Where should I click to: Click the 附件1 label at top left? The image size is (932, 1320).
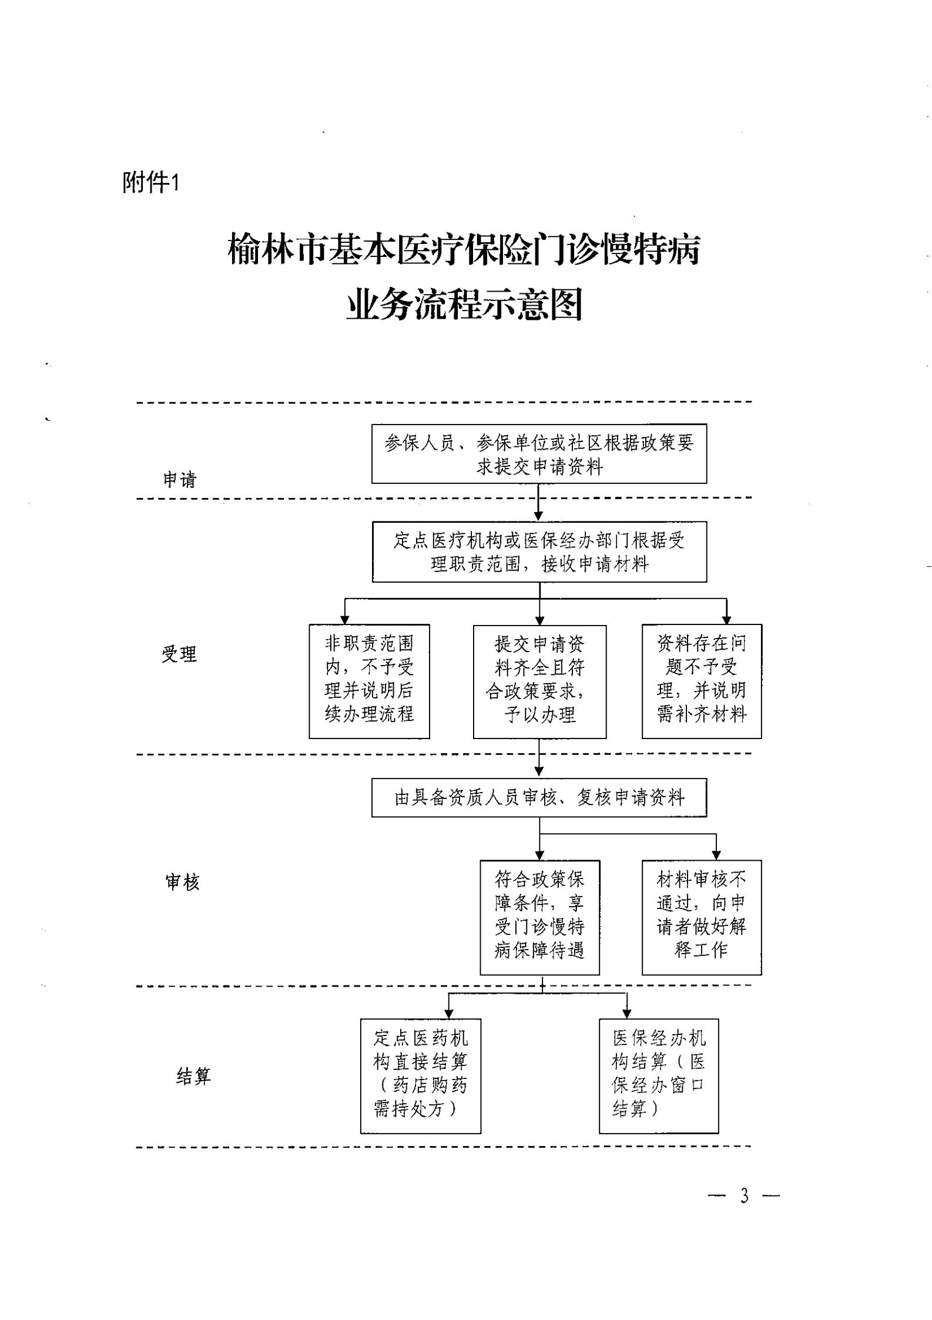pyautogui.click(x=150, y=183)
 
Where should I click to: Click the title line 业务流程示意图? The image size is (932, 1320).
pyautogui.click(x=464, y=304)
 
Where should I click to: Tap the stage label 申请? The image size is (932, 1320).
pyautogui.click(x=180, y=480)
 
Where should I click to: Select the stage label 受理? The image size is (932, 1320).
pyautogui.click(x=179, y=654)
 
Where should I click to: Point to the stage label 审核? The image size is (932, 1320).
pyautogui.click(x=183, y=882)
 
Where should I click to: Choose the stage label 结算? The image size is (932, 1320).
pyautogui.click(x=193, y=1076)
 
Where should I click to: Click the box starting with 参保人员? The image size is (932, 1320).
pyautogui.click(x=539, y=454)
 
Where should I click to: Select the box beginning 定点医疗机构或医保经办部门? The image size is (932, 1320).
pyautogui.click(x=539, y=552)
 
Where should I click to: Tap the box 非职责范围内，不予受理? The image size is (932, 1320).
pyautogui.click(x=369, y=681)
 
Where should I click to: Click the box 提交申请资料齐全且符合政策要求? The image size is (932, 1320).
pyautogui.click(x=539, y=681)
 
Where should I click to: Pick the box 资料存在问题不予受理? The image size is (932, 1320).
pyautogui.click(x=702, y=681)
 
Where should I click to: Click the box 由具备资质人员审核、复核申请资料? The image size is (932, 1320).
pyautogui.click(x=539, y=798)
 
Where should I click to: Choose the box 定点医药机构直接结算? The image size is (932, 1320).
pyautogui.click(x=421, y=1076)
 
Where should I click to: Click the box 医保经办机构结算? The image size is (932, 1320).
pyautogui.click(x=659, y=1076)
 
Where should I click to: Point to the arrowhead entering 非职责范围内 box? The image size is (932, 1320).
pyautogui.click(x=345, y=620)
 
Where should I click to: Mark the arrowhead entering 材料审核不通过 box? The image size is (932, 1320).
pyautogui.click(x=716, y=855)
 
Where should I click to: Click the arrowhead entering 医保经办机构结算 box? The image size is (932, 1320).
pyautogui.click(x=627, y=1014)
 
